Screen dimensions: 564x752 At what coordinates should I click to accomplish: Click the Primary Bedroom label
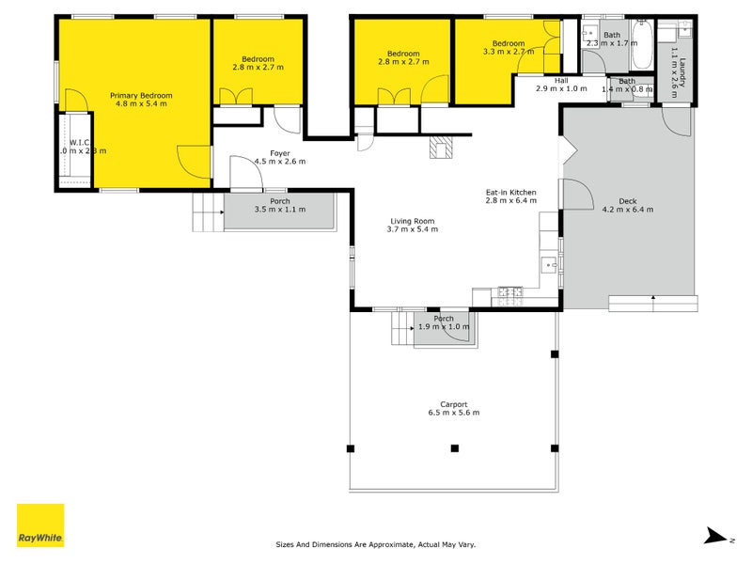pyautogui.click(x=141, y=95)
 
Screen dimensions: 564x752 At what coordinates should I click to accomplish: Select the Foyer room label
pyautogui.click(x=280, y=152)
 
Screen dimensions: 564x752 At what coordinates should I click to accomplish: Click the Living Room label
pyautogui.click(x=414, y=222)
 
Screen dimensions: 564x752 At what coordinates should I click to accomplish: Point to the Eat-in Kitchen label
pyautogui.click(x=510, y=192)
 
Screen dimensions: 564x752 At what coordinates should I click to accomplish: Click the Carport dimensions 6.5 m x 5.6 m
pyautogui.click(x=455, y=413)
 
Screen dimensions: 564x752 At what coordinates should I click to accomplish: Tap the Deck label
pyautogui.click(x=627, y=201)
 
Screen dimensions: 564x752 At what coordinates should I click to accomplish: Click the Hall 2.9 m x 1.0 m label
pyautogui.click(x=561, y=85)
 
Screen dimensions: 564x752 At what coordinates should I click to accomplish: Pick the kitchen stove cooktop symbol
pyautogui.click(x=509, y=293)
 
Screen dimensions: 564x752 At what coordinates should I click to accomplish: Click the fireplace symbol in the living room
pyautogui.click(x=440, y=148)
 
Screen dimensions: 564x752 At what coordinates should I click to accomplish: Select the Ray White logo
pyautogui.click(x=40, y=525)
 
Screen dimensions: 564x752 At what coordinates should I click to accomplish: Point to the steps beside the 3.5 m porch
pyautogui.click(x=207, y=212)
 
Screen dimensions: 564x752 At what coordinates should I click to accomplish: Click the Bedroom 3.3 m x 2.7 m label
pyautogui.click(x=509, y=48)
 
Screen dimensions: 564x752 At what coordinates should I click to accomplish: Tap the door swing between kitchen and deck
pyautogui.click(x=577, y=196)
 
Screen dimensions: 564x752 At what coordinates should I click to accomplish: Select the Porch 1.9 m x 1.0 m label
pyautogui.click(x=444, y=322)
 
